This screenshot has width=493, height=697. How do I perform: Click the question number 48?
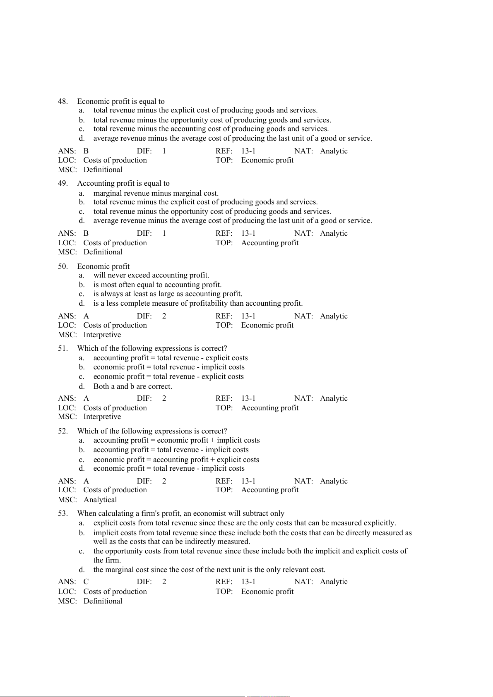pos(63,101)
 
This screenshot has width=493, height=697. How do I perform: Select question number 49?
pos(63,183)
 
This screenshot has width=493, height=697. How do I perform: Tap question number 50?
pos(63,266)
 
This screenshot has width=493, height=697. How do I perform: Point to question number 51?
pos(63,348)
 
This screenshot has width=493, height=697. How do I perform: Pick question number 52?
pos(63,431)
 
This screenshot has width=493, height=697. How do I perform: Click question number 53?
pos(63,513)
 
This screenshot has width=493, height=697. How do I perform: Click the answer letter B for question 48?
pos(86,151)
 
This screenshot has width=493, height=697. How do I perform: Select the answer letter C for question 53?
pos(86,582)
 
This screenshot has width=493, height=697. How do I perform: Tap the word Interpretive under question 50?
pos(102,335)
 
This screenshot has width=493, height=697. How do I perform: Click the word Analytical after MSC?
pos(100,500)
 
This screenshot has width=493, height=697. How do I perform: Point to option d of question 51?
pos(132,386)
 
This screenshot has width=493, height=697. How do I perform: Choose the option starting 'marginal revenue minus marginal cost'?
pos(156,193)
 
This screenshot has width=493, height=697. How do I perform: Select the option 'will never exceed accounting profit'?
pos(151,275)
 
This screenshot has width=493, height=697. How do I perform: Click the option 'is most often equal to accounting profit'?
pos(157,285)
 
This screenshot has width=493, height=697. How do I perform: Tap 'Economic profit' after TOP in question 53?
pos(267,592)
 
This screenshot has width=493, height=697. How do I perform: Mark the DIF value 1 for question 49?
pos(164,233)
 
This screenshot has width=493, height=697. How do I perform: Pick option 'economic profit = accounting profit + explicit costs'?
pos(176,460)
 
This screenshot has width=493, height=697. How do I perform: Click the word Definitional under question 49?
pos(103,252)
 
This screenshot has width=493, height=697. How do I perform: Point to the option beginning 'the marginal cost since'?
pos(209,570)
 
